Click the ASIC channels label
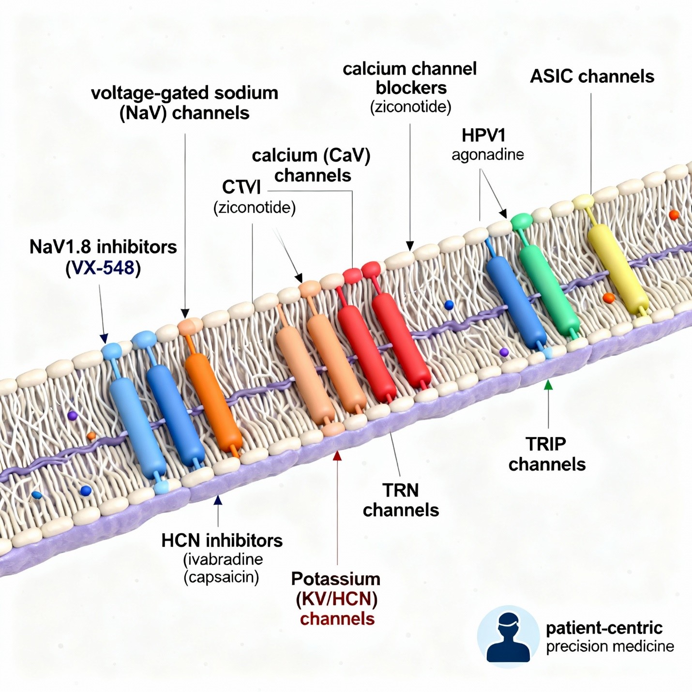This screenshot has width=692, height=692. (592, 76)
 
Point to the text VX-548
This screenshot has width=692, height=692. (103, 268)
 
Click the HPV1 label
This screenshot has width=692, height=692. (483, 135)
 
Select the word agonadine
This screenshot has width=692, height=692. (487, 155)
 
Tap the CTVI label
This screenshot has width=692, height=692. (241, 187)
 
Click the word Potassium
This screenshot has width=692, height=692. (335, 579)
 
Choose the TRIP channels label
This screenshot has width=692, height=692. (547, 454)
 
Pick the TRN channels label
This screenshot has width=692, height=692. (401, 500)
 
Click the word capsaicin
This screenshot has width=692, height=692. (222, 577)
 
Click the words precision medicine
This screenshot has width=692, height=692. (610, 647)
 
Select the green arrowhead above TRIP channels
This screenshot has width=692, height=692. (548, 385)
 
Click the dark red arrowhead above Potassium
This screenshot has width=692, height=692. (337, 455)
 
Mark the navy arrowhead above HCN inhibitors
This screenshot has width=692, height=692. (218, 500)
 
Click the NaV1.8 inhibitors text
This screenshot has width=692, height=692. (103, 247)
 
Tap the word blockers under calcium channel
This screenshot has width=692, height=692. (411, 88)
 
